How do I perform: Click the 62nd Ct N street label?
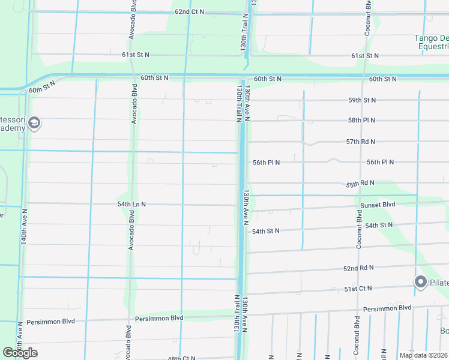click(189, 11)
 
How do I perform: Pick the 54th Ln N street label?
click(132, 205)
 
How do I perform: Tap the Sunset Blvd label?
click(378, 205)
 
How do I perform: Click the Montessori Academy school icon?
click(34, 124)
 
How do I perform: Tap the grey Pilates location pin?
click(421, 282)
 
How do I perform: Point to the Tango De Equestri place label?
click(431, 43)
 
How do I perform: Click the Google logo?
click(20, 352)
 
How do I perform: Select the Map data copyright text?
click(423, 355)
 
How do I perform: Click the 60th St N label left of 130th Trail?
click(155, 78)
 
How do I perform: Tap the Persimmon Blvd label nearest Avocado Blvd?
click(159, 318)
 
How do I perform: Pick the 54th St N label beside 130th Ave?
click(267, 231)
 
